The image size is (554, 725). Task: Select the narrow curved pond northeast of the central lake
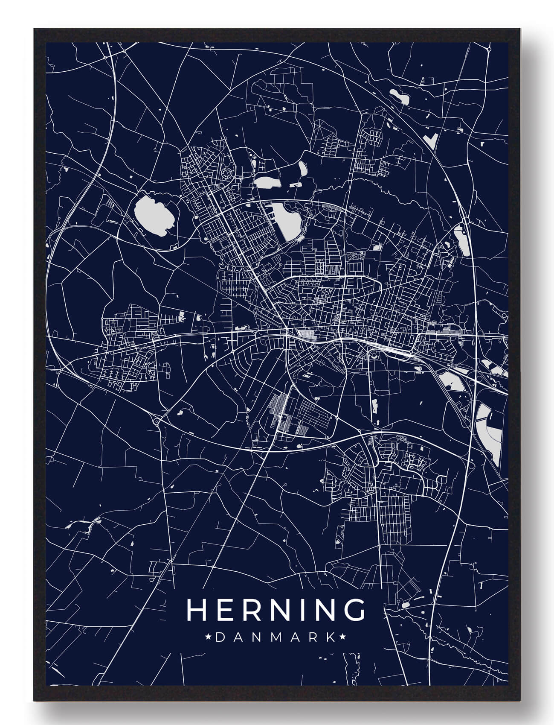pyautogui.click(x=304, y=168)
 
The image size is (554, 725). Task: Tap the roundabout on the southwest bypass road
pyautogui.click(x=157, y=423)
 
